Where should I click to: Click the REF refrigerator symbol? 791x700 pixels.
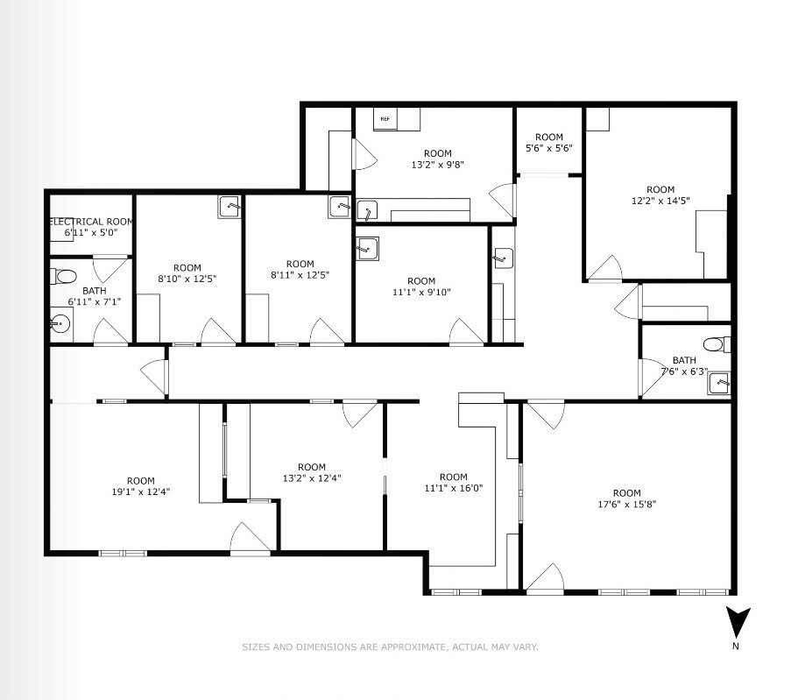pos(385,118)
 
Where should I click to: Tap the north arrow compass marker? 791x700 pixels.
pos(739,623)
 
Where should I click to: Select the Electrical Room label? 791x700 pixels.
pos(91,222)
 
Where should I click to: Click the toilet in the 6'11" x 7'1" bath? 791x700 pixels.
pos(65,277)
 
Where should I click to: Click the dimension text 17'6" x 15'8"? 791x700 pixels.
pos(626,504)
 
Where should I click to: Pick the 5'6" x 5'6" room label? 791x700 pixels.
pos(548,148)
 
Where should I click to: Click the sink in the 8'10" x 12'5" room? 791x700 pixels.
pos(230,206)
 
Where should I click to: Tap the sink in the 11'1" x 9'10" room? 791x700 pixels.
pos(367,249)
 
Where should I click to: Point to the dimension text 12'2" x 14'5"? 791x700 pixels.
pos(660,201)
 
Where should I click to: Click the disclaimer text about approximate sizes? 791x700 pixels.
pos(390,647)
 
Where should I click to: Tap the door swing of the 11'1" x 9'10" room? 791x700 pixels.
pos(466,331)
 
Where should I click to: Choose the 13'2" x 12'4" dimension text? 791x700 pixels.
pos(311,478)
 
